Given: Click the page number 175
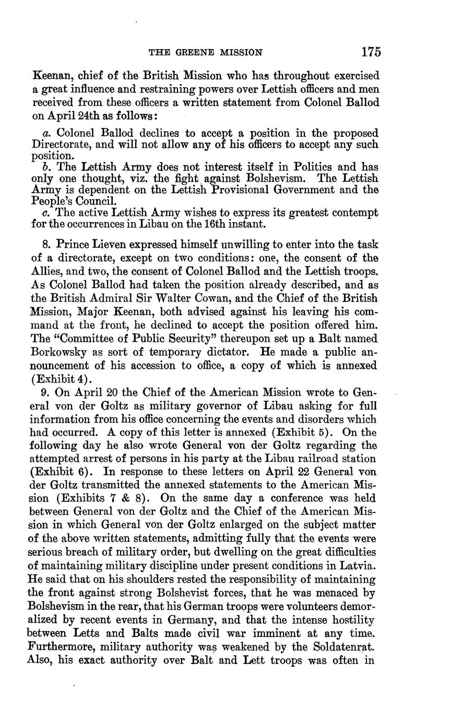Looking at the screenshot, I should tap(370, 52).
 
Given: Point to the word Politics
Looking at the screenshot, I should tap(306, 167).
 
